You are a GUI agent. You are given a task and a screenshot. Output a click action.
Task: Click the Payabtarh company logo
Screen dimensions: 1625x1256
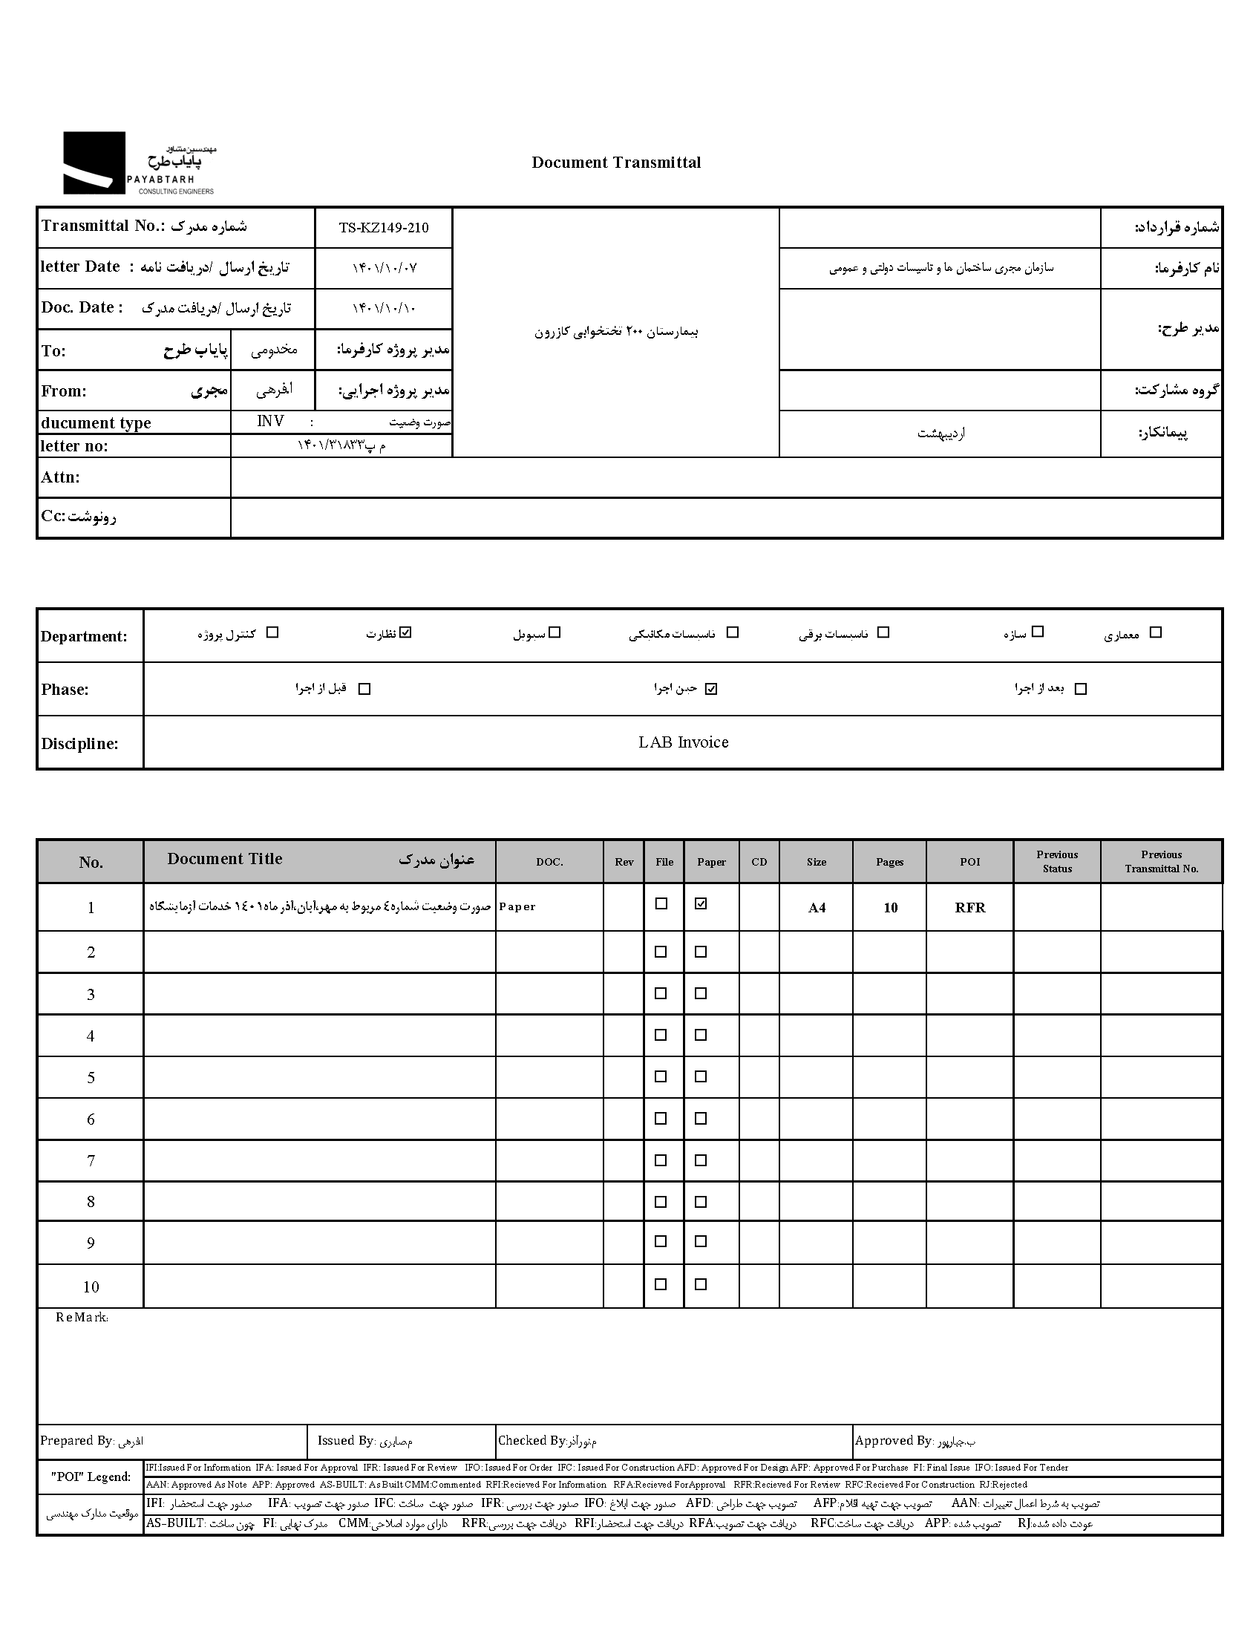pos(138,164)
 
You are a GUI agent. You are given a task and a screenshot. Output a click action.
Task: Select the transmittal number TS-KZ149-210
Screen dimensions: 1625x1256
pos(384,228)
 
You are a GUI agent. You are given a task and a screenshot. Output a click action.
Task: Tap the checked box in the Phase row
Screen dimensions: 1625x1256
pos(711,689)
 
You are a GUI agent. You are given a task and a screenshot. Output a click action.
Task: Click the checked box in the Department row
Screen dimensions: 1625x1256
pos(405,632)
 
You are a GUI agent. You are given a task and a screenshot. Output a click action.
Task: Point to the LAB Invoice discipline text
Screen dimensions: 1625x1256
pos(683,742)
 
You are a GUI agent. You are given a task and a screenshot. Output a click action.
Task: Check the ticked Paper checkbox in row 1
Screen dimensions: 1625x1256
pos(701,904)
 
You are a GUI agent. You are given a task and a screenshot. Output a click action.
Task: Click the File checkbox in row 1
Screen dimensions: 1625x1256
pos(661,904)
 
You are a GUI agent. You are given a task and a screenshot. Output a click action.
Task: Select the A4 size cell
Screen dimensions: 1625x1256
pos(817,908)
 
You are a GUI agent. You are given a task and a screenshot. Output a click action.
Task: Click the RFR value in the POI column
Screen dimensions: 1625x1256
pos(970,908)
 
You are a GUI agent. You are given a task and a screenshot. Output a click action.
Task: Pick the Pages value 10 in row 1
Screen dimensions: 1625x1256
pos(891,908)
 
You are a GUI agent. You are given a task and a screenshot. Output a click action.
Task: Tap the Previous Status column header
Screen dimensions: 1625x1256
pos(1056,862)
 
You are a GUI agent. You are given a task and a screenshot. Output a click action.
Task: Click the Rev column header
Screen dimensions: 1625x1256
pos(624,863)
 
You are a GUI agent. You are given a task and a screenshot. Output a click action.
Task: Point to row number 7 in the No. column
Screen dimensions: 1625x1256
pos(91,1161)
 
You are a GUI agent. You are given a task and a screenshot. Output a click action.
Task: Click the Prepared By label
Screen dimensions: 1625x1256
pos(76,1441)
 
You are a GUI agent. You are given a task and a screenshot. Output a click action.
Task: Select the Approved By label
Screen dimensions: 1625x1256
pos(893,1441)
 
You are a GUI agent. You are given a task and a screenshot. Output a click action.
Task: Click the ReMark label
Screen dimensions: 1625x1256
pos(82,1318)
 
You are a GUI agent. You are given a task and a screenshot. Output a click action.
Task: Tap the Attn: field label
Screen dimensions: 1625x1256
pos(60,477)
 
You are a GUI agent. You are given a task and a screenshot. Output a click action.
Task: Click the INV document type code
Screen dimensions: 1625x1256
pos(270,422)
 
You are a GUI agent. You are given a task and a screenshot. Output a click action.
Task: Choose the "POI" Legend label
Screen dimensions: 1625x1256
pos(90,1477)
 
